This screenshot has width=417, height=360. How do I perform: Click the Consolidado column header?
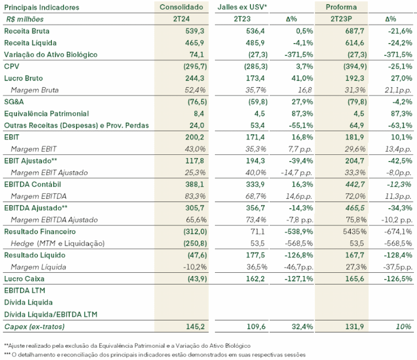(181, 7)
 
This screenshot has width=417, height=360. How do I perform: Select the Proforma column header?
(341, 7)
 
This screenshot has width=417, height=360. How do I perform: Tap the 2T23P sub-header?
(341, 19)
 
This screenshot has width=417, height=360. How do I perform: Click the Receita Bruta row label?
(27, 31)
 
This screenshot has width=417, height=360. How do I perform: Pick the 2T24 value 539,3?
(195, 31)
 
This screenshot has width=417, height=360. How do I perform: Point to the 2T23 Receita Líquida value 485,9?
(255, 43)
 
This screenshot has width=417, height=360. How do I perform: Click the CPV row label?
(12, 67)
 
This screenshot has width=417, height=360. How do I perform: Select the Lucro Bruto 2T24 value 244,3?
(195, 78)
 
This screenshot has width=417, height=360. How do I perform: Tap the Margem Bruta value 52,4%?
(195, 90)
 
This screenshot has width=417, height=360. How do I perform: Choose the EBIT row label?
(12, 137)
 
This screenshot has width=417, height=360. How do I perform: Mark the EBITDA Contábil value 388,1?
(195, 184)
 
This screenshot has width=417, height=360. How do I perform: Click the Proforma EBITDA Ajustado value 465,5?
(355, 208)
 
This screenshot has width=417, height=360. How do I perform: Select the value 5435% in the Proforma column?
(355, 232)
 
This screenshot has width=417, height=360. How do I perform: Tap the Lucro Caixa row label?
(24, 279)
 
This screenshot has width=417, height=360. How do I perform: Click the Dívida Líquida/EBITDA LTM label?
(51, 314)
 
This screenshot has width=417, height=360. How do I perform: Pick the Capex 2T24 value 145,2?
(195, 327)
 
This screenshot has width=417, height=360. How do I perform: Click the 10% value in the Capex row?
(404, 327)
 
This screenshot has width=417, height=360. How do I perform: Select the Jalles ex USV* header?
(242, 7)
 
